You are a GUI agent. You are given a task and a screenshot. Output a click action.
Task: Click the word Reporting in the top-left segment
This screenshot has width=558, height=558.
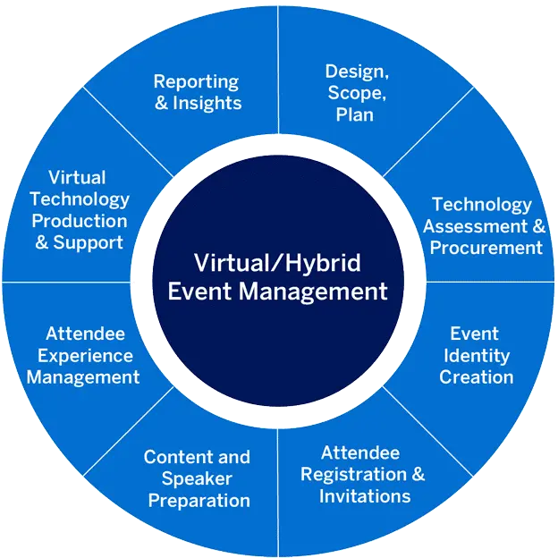[x=196, y=81]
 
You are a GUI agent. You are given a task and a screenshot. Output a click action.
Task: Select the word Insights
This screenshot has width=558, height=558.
[x=207, y=103]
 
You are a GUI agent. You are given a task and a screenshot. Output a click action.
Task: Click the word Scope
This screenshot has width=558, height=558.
[x=355, y=93]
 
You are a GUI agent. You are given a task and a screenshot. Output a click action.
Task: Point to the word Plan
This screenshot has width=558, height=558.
[x=355, y=114]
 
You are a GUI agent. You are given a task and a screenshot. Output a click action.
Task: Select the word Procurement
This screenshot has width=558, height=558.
[x=486, y=248]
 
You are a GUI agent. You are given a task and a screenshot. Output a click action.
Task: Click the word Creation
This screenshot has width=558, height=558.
[x=476, y=376]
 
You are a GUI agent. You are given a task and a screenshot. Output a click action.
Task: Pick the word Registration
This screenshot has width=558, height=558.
[x=353, y=474]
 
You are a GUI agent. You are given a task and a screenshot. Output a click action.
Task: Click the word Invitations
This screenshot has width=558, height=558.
[x=364, y=495]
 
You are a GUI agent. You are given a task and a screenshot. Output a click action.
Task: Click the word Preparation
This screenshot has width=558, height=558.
[x=199, y=500]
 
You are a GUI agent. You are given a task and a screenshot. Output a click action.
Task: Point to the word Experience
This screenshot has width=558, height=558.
[x=85, y=355]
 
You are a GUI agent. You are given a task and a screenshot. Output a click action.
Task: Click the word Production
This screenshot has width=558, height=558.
[x=79, y=221]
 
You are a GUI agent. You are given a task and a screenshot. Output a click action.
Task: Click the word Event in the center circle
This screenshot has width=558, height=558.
[x=198, y=292]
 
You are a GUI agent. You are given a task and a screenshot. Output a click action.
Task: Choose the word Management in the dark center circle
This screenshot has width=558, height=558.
[x=313, y=292]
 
